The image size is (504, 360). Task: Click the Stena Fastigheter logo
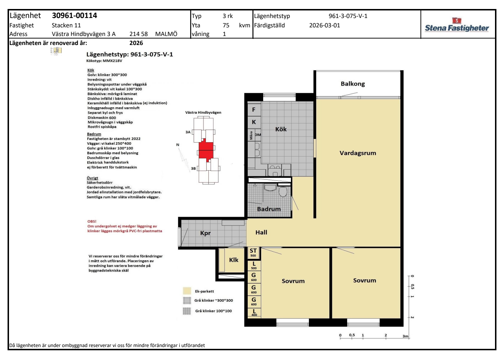457,25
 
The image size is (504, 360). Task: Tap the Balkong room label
353,84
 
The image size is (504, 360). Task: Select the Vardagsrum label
358,153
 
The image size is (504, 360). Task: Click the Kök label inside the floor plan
281,129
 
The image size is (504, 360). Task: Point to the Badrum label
269,209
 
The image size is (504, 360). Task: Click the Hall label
261,233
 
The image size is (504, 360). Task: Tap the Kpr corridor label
206,233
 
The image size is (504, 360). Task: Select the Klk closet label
234,260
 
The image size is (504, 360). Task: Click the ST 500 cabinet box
253,253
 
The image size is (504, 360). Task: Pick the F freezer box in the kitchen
254,109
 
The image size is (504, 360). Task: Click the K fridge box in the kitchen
254,122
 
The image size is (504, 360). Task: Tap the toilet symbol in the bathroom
283,192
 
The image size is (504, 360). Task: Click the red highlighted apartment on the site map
206,150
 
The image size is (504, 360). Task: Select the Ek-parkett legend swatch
187,291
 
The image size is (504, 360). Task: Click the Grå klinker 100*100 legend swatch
187,311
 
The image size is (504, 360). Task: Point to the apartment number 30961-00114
75,15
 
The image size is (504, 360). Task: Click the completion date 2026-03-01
324,26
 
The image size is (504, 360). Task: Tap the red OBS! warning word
92,221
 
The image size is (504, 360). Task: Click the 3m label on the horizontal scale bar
405,336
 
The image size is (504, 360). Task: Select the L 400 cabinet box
254,312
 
